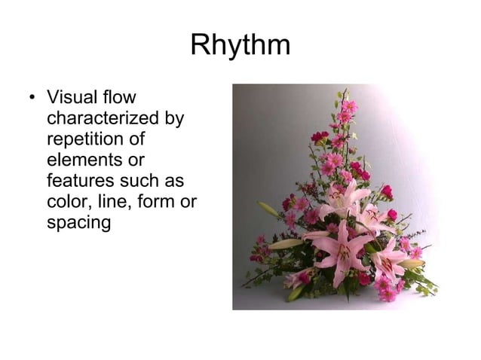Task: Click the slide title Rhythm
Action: click(240, 45)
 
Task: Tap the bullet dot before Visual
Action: click(31, 99)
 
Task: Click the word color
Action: click(67, 203)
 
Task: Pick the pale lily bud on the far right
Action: click(412, 264)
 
